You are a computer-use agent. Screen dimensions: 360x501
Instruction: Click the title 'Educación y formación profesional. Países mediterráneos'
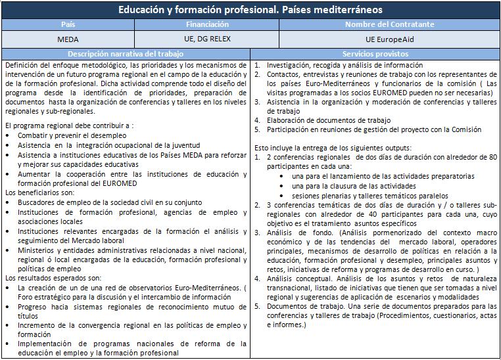(250, 11)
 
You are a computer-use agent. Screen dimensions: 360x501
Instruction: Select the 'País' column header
(68, 25)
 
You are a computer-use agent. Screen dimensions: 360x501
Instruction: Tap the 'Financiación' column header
(207, 25)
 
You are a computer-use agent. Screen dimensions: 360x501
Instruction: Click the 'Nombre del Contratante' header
(389, 25)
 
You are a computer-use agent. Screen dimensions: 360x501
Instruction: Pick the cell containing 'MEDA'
(68, 39)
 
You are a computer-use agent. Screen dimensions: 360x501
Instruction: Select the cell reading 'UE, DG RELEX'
(207, 39)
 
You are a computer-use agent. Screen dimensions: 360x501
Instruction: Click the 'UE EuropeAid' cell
(389, 39)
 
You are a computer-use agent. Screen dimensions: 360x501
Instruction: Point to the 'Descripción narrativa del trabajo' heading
(126, 53)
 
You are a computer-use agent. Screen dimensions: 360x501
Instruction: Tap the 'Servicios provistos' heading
(375, 53)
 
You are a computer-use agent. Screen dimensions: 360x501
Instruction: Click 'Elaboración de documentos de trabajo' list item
(329, 120)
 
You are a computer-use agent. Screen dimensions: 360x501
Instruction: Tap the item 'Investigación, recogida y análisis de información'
(345, 66)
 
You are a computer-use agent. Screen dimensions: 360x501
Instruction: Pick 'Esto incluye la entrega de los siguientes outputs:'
(333, 148)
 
